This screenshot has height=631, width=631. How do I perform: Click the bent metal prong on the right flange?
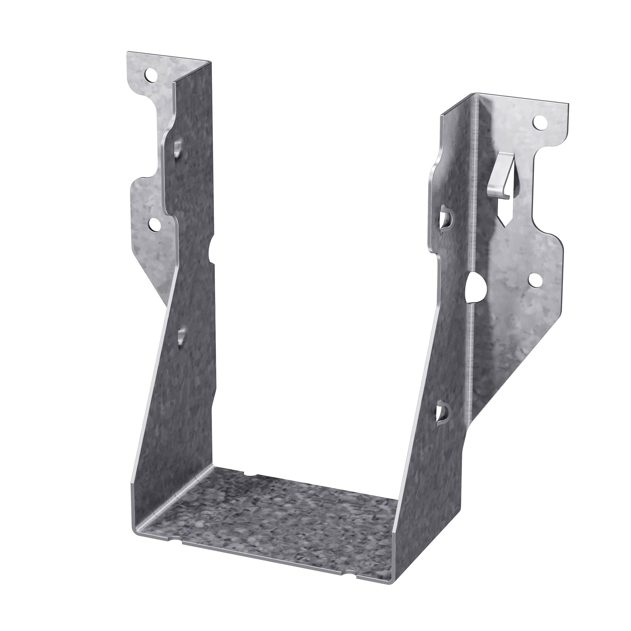coord(500,178)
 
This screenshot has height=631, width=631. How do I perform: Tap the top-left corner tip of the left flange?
coord(128,53)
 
